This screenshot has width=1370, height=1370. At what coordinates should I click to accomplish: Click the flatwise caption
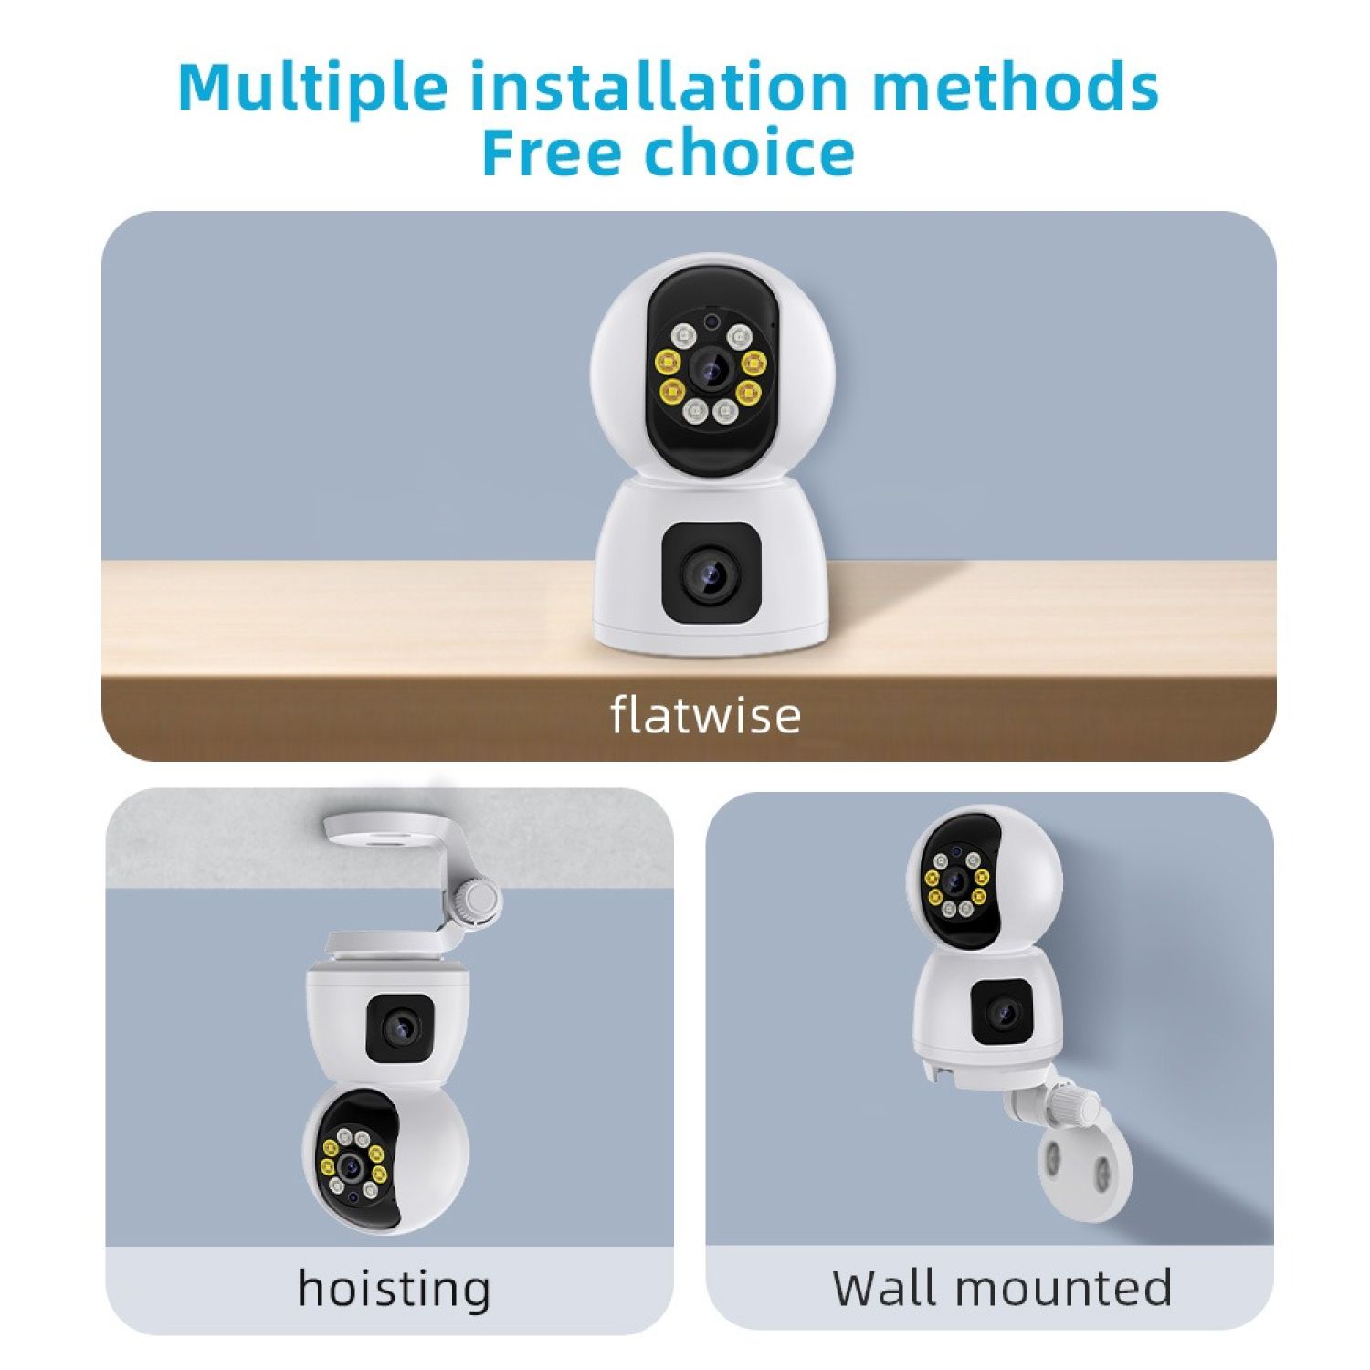point(705,714)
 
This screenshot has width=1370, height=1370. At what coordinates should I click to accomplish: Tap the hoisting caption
point(394,1290)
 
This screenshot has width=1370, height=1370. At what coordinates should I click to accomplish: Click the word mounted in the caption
point(1064,1288)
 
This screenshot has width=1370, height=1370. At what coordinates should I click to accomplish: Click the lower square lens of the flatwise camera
point(711,574)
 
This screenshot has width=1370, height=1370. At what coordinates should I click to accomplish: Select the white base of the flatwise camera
point(711,566)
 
